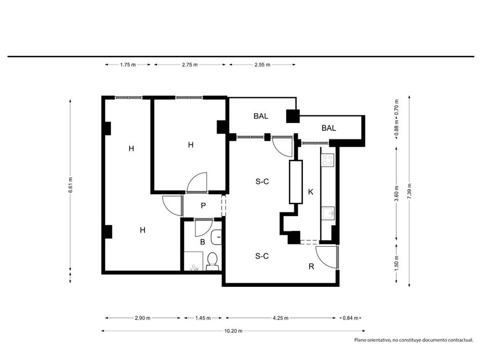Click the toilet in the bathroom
212,262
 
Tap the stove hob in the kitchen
327,160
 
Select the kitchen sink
328,213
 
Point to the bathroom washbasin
217,237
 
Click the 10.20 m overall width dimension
233,331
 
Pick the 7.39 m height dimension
409,191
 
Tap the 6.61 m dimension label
70,185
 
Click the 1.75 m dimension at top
128,65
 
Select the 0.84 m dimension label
350,318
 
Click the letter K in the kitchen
311,192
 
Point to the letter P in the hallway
203,206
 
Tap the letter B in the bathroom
202,242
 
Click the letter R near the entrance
311,267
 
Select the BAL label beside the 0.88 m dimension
329,128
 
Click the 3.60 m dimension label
397,194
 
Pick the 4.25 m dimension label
281,318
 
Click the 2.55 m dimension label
262,65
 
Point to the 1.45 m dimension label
203,318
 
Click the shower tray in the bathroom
193,261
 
